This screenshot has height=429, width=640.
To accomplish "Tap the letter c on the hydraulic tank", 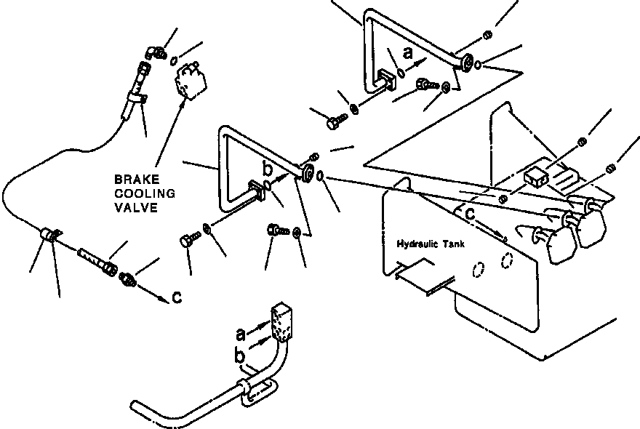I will tap(471, 214).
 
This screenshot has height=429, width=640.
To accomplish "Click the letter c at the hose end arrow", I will tap(177, 297).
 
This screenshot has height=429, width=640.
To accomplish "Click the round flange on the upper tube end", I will tap(463, 65).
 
